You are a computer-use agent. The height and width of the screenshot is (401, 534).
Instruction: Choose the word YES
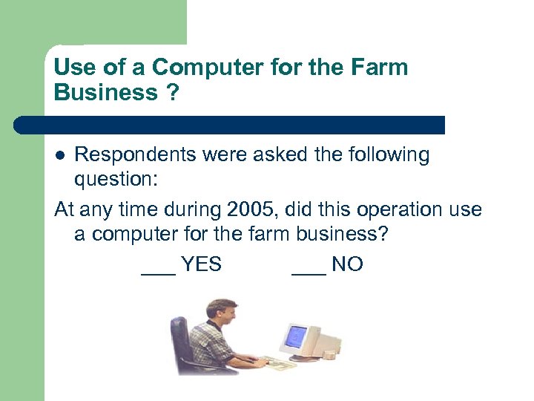point(201,264)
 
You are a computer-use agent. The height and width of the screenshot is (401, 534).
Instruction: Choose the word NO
point(347,264)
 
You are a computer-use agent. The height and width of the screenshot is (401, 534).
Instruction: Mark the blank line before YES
point(158,273)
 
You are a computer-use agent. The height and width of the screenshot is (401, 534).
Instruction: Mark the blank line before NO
point(309,273)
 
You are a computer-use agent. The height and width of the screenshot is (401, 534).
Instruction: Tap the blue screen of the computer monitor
point(297,336)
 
